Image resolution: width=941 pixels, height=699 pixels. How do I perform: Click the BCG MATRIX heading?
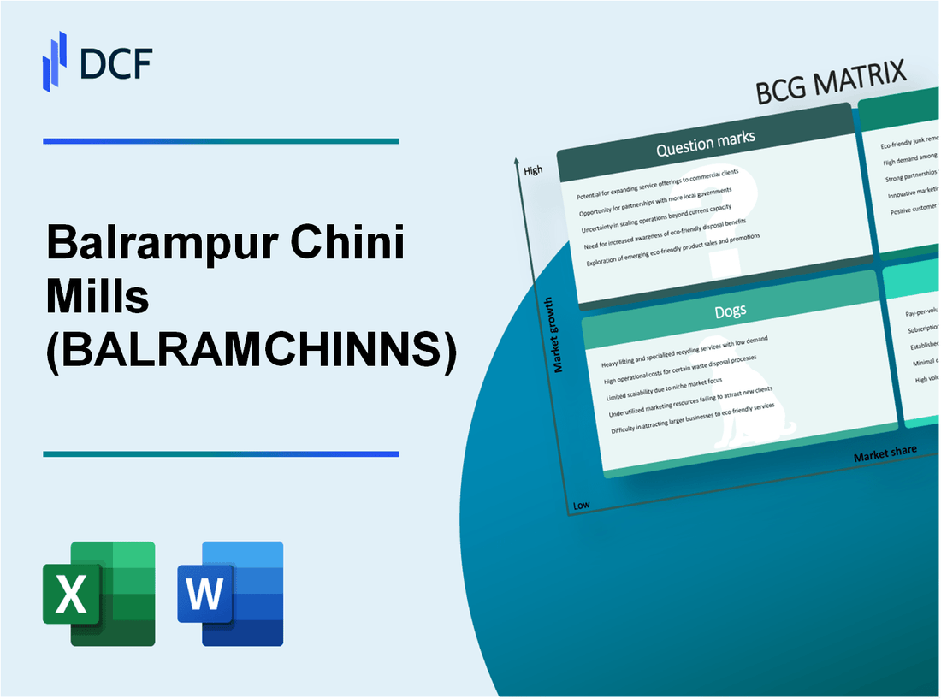pos(831,84)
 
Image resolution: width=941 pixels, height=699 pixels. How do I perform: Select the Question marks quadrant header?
pos(706,145)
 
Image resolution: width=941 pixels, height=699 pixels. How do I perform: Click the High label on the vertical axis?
pos(533,170)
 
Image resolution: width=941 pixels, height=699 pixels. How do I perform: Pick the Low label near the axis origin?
pos(582,505)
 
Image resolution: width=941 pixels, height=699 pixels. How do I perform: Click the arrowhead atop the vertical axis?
pos(518,160)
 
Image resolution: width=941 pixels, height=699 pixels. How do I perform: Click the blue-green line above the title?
pos(221,141)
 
